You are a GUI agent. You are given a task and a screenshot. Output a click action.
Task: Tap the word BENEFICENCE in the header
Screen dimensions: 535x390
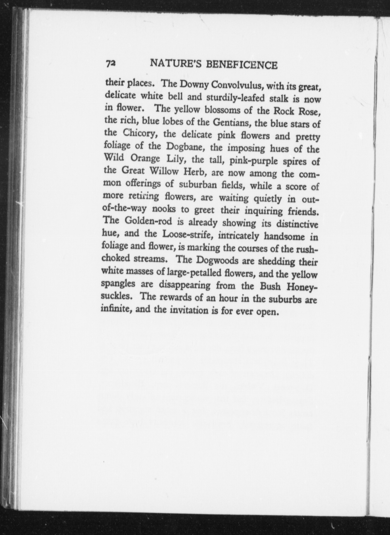tap(241, 65)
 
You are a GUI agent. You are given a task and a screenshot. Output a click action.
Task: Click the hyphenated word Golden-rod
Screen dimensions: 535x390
tap(148, 221)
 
